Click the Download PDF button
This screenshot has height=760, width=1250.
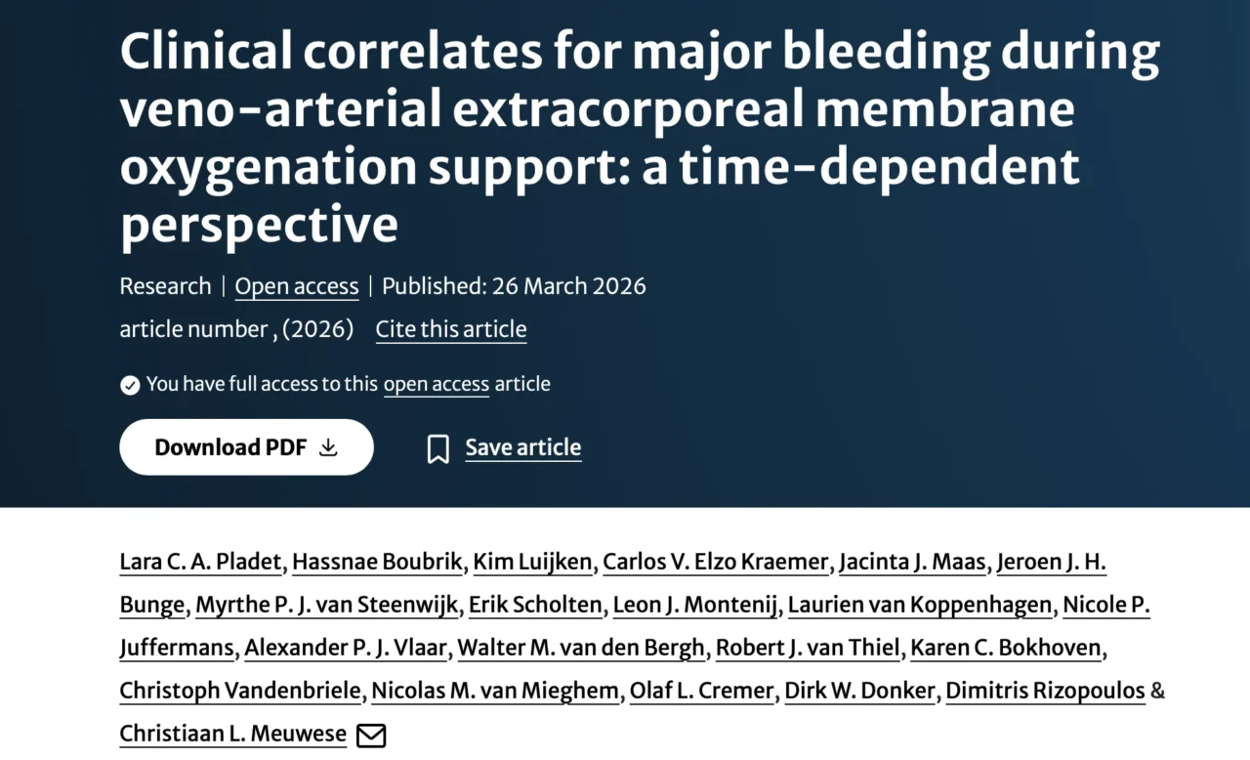pyautogui.click(x=246, y=447)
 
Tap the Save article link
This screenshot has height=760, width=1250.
pyautogui.click(x=522, y=447)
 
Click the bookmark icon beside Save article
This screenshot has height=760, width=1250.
pyautogui.click(x=438, y=449)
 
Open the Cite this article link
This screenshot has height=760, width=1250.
pyautogui.click(x=450, y=329)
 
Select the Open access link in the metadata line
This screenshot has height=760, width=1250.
pyautogui.click(x=297, y=286)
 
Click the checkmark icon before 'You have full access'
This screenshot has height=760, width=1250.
pyautogui.click(x=130, y=385)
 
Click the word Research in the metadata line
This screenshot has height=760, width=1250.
pyautogui.click(x=165, y=286)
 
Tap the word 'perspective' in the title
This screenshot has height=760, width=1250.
pyautogui.click(x=259, y=224)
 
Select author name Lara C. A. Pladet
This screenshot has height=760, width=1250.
pyautogui.click(x=200, y=562)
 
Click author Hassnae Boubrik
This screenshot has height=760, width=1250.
pyautogui.click(x=378, y=562)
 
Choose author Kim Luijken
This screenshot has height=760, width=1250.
pyautogui.click(x=532, y=562)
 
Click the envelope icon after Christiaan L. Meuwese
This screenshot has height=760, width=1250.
pyautogui.click(x=371, y=735)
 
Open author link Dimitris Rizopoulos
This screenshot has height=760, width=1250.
pyautogui.click(x=1045, y=691)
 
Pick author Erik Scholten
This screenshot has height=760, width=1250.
pyautogui.click(x=535, y=605)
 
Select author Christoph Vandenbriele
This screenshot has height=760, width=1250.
pyautogui.click(x=240, y=691)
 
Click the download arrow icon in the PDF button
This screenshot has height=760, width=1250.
pyautogui.click(x=329, y=447)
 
